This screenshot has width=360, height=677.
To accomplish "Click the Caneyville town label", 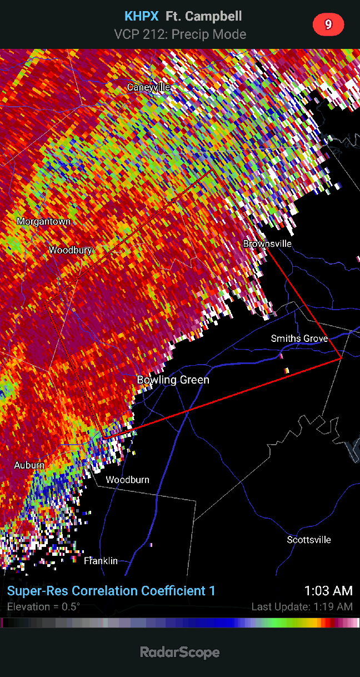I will click(148, 87).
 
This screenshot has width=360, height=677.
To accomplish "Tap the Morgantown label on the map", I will click(44, 221).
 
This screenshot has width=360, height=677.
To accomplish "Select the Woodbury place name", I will click(70, 250).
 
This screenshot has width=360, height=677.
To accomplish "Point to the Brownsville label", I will click(267, 243).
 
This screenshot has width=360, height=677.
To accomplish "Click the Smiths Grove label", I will click(299, 338).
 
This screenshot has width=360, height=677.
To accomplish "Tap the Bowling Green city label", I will click(173, 380).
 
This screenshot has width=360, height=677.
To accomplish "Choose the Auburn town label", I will click(29, 465).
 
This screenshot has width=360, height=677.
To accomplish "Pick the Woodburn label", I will click(128, 480).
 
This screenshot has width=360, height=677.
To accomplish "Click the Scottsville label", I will click(309, 540).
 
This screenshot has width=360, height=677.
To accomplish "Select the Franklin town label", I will click(101, 561).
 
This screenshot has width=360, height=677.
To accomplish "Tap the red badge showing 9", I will click(328, 24).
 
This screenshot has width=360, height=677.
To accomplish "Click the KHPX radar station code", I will click(142, 17).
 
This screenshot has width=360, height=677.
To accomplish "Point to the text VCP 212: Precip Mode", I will click(180, 34).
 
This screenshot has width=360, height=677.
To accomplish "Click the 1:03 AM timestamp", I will click(328, 590).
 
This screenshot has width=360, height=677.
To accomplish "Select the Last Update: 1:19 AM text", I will click(302, 606).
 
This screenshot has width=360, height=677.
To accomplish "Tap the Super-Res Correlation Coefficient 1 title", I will click(111, 591).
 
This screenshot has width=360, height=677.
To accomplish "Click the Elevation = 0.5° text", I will click(43, 606).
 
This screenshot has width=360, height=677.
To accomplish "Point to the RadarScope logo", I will click(180, 652).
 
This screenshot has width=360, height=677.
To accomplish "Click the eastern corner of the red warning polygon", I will click(341, 359).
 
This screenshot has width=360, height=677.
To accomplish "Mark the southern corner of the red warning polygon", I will click(104, 439).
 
